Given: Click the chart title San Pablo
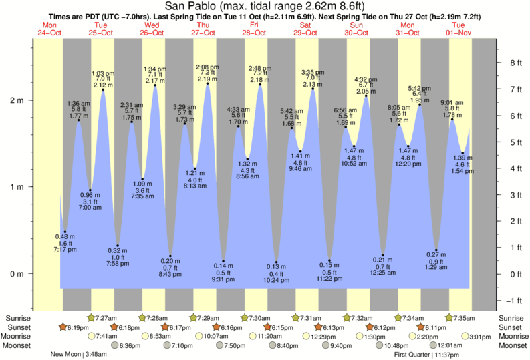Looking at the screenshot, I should point(265,6).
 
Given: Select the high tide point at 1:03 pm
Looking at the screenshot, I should point(103,89).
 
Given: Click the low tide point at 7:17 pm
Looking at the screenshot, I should point(65,232).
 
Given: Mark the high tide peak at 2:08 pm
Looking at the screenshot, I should point(207,83).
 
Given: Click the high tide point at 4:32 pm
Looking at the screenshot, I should point(366,96).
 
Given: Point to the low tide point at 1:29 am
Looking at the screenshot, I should point(436,250).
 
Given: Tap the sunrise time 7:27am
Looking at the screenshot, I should point(108,317).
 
